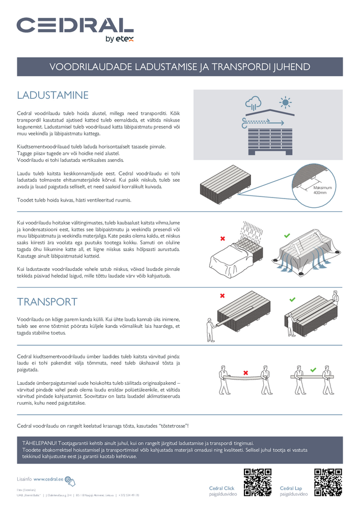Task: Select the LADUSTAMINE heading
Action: (x=53, y=95)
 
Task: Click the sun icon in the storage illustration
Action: (x=285, y=103)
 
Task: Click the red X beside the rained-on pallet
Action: (x=223, y=238)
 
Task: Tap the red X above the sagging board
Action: (x=246, y=373)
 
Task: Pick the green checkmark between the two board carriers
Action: (x=313, y=370)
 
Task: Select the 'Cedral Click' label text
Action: (x=221, y=488)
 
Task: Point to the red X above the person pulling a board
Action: (x=222, y=295)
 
